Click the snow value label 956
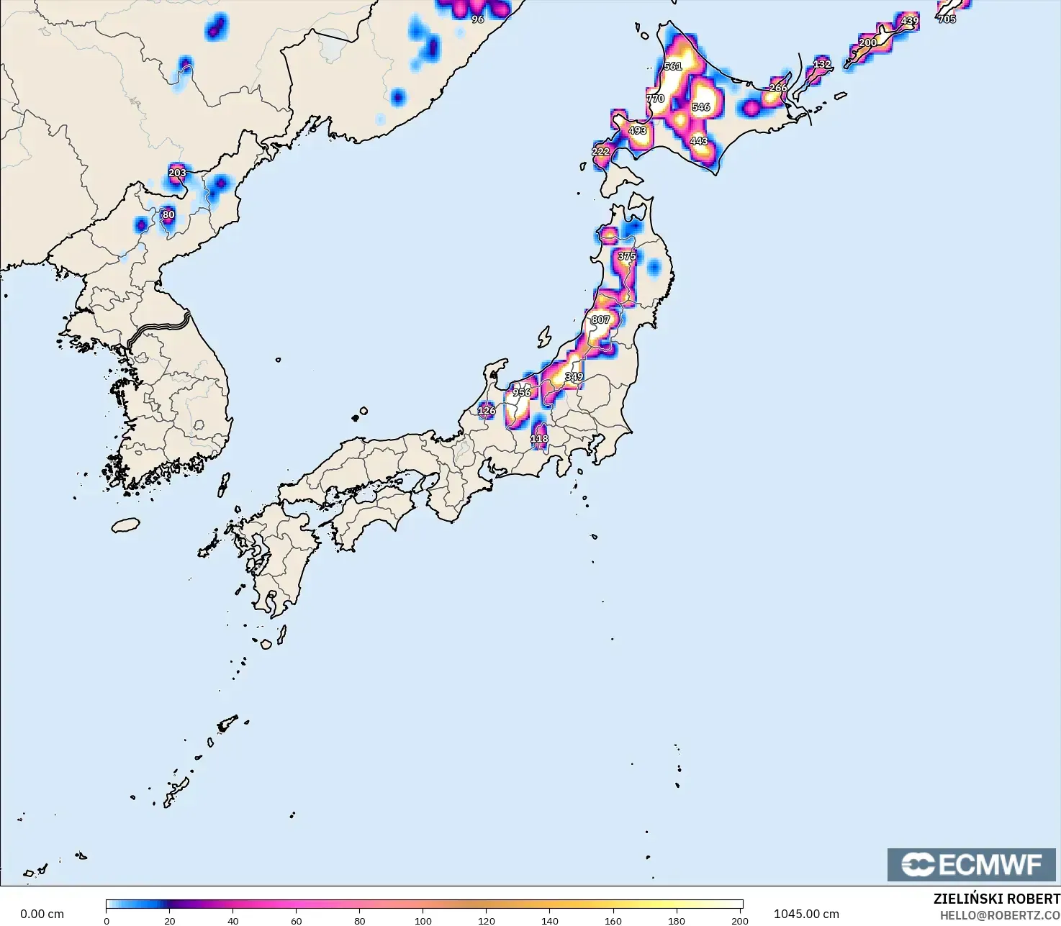pyautogui.click(x=522, y=393)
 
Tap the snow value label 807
pyautogui.click(x=600, y=320)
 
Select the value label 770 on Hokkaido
pyautogui.click(x=655, y=99)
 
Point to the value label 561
pyautogui.click(x=673, y=66)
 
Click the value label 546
pyautogui.click(x=700, y=107)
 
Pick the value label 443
pyautogui.click(x=699, y=141)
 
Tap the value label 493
pyautogui.click(x=638, y=131)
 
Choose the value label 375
pyautogui.click(x=627, y=256)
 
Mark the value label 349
pyautogui.click(x=574, y=377)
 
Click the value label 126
pyautogui.click(x=487, y=411)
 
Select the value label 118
pyautogui.click(x=539, y=439)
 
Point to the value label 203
pyautogui.click(x=177, y=173)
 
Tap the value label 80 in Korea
pyautogui.click(x=168, y=214)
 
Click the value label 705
pyautogui.click(x=947, y=19)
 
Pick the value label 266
pyautogui.click(x=778, y=88)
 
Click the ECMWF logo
pyautogui.click(x=971, y=864)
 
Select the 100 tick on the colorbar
pyautogui.click(x=423, y=920)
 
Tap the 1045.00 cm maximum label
pyautogui.click(x=806, y=914)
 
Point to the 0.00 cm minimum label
pyautogui.click(x=42, y=914)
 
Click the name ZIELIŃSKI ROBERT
pyautogui.click(x=996, y=899)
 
